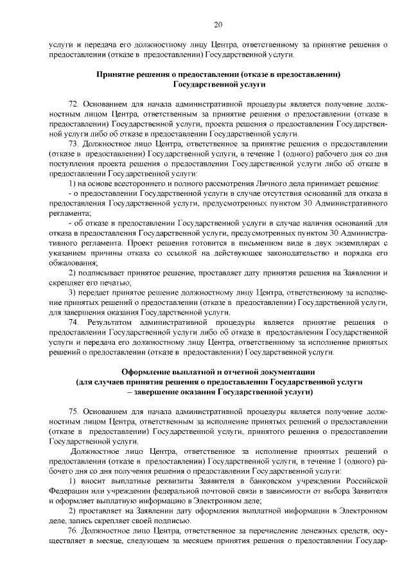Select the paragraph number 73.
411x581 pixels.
(x=74, y=144)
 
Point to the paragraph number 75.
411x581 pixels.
(x=74, y=410)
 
